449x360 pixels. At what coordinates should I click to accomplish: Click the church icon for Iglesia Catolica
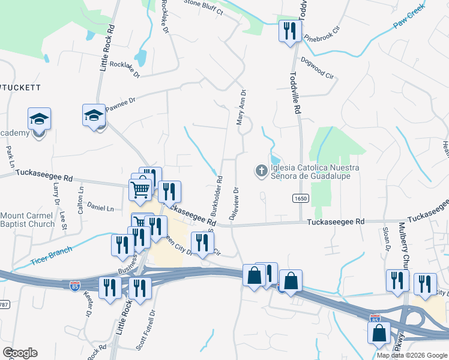tap(261, 172)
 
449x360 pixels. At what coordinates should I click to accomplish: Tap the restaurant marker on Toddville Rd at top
tap(290, 31)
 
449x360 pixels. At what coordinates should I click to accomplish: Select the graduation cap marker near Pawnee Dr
tap(94, 115)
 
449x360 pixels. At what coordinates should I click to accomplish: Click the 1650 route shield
tap(301, 199)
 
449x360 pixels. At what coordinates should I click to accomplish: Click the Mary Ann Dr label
tap(242, 107)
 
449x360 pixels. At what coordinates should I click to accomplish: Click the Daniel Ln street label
tap(100, 208)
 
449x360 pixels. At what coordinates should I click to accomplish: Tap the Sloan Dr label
tap(387, 239)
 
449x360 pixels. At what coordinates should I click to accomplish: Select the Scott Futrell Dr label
tap(145, 330)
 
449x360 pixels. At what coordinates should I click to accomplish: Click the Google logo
tap(20, 353)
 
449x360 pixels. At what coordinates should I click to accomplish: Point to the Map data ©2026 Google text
tap(412, 355)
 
